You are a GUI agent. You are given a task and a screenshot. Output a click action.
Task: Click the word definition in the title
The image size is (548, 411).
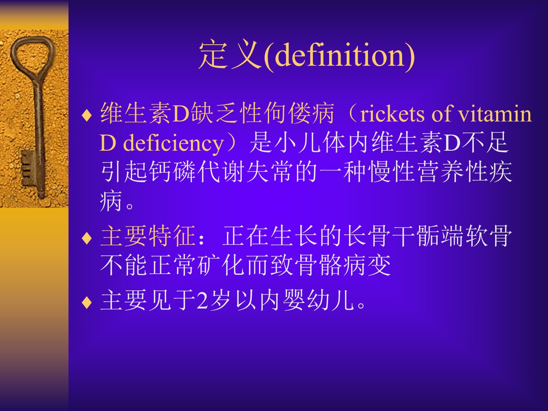(339, 55)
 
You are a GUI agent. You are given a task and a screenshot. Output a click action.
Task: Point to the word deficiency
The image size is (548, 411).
(173, 143)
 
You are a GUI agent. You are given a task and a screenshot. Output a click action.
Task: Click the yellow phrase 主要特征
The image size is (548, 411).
(148, 236)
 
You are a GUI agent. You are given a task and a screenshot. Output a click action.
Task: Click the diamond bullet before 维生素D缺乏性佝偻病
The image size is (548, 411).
(87, 116)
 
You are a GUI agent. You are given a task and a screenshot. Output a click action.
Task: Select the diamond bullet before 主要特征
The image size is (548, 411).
(87, 238)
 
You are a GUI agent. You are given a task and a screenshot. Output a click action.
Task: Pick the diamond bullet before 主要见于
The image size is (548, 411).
(87, 302)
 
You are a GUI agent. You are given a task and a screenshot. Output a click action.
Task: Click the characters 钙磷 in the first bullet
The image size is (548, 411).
(172, 172)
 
